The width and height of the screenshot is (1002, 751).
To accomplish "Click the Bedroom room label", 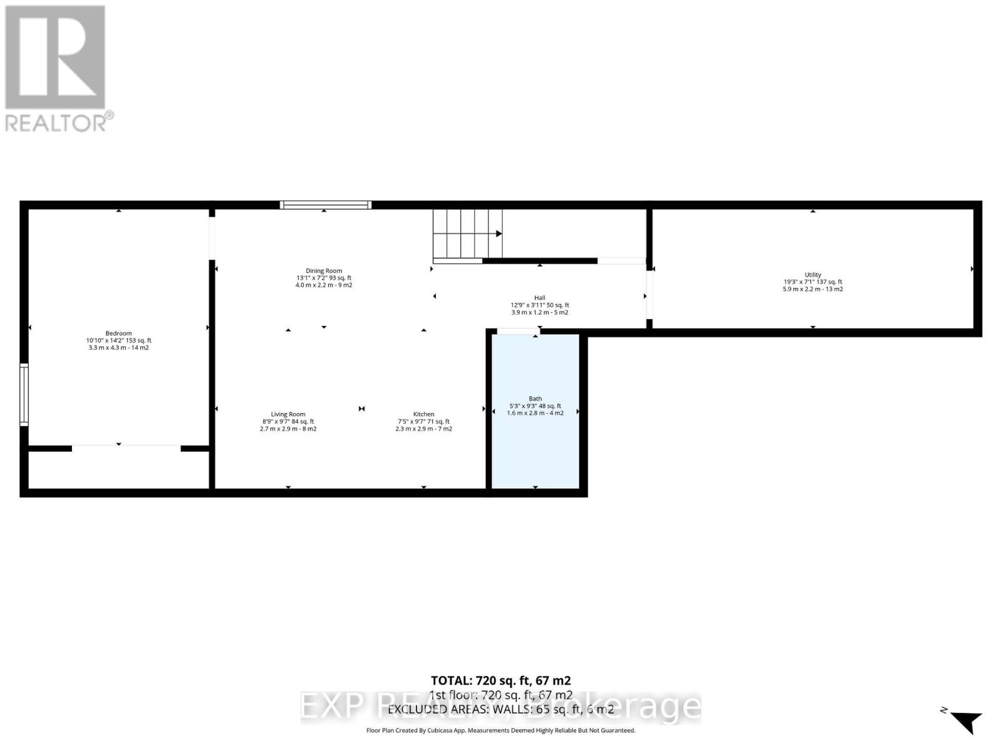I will pyautogui.click(x=118, y=334).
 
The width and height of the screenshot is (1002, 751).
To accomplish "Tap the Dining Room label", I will pyautogui.click(x=324, y=271).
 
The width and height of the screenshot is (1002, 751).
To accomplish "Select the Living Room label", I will pyautogui.click(x=288, y=414).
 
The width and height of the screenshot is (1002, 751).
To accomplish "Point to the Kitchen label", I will pyautogui.click(x=423, y=414).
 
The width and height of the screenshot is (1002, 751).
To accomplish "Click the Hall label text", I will pyautogui.click(x=539, y=298).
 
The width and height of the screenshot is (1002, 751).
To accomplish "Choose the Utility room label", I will pyautogui.click(x=812, y=275).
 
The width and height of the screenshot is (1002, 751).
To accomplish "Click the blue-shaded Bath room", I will pyautogui.click(x=535, y=438).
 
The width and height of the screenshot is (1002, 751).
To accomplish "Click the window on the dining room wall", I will pyautogui.click(x=325, y=205).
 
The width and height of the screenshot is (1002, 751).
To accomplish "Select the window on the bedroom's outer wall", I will pyautogui.click(x=24, y=394).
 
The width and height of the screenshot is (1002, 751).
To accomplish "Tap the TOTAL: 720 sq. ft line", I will pyautogui.click(x=500, y=680).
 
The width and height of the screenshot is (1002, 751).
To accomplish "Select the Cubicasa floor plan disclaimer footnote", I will pyautogui.click(x=500, y=730).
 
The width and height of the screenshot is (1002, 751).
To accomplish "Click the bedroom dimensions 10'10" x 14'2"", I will pyautogui.click(x=118, y=340).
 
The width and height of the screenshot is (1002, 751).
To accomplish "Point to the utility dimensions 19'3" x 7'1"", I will pyautogui.click(x=812, y=282).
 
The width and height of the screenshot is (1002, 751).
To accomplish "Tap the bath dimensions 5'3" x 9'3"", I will pyautogui.click(x=535, y=406).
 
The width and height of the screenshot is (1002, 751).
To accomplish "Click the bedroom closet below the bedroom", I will pyautogui.click(x=118, y=469).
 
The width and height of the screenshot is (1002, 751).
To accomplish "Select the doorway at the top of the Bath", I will pyautogui.click(x=518, y=332).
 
